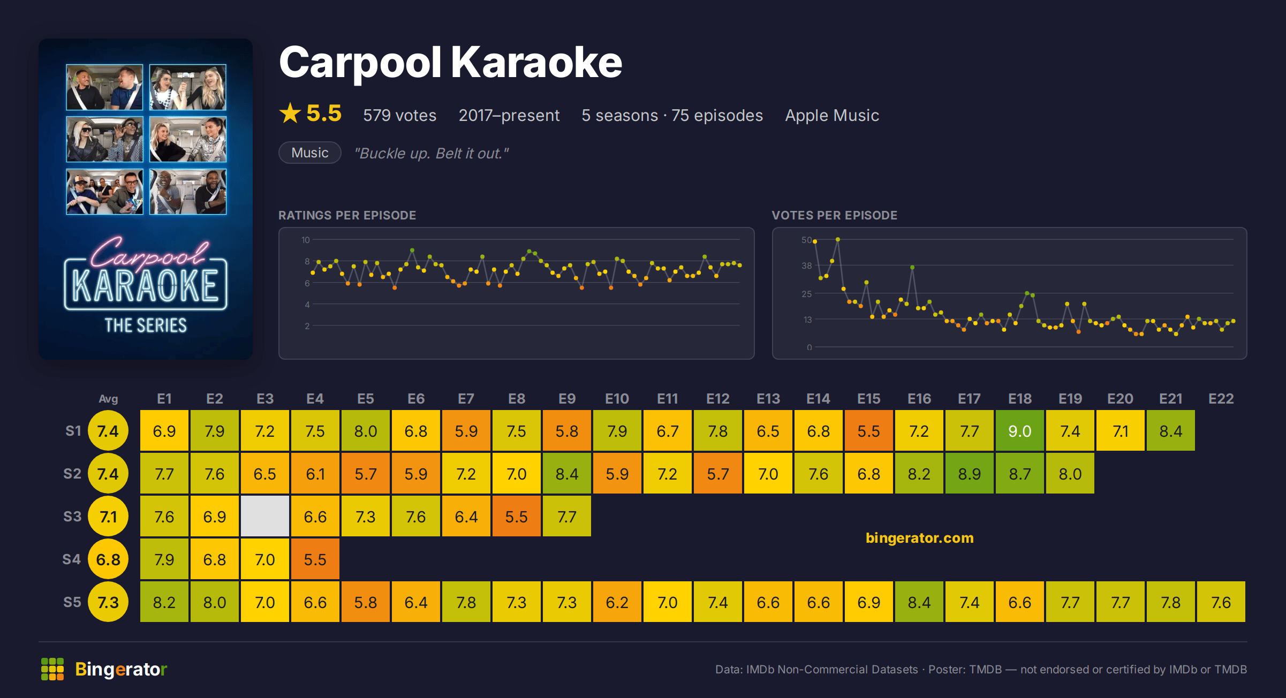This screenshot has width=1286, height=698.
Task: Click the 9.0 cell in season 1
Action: pyautogui.click(x=1019, y=430)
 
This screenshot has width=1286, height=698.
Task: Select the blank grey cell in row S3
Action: pyautogui.click(x=265, y=516)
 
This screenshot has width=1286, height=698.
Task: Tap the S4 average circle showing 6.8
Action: pyautogui.click(x=108, y=559)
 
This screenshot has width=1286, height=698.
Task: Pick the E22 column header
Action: pyautogui.click(x=1221, y=399)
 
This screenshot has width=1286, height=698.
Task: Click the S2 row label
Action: pyautogui.click(x=72, y=474)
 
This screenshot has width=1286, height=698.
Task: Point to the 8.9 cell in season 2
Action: pyautogui.click(x=969, y=473)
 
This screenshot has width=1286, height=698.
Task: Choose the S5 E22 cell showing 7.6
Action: pyautogui.click(x=1221, y=602)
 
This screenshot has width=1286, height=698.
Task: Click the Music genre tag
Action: pyautogui.click(x=310, y=153)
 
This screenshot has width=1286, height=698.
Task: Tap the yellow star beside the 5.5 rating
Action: pyautogui.click(x=290, y=113)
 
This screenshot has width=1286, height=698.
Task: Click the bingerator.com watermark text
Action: pyautogui.click(x=919, y=538)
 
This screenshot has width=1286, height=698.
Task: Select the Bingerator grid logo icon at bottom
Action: pyautogui.click(x=52, y=669)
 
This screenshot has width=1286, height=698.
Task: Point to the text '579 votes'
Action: pyautogui.click(x=399, y=115)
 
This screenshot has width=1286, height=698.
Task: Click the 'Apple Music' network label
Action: pyautogui.click(x=831, y=116)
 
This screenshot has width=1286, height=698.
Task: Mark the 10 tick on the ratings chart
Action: pyautogui.click(x=305, y=240)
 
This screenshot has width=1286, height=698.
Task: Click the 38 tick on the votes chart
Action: pyautogui.click(x=806, y=265)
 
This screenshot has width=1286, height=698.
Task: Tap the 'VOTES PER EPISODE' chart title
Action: pyautogui.click(x=834, y=215)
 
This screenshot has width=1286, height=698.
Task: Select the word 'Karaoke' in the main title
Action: pyautogui.click(x=536, y=62)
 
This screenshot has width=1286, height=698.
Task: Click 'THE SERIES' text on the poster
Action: pyautogui.click(x=146, y=325)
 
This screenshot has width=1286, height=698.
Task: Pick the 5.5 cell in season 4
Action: pyautogui.click(x=315, y=559)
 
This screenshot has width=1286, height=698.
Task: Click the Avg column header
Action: pyautogui.click(x=108, y=399)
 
